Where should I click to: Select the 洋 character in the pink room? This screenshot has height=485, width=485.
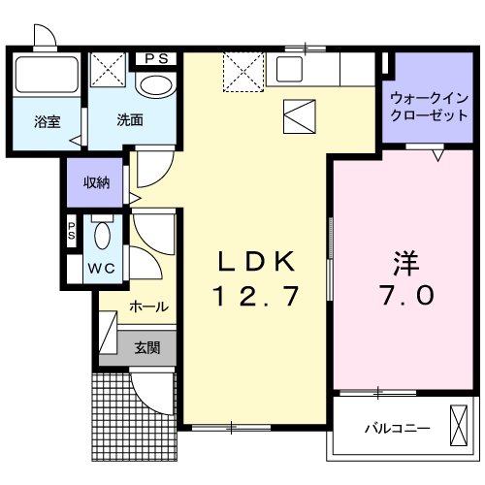coord(405,263)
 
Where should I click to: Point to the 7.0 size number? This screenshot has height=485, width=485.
coord(405,295)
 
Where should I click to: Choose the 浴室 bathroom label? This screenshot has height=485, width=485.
coord(47,121)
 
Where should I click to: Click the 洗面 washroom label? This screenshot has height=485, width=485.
coord(130,121)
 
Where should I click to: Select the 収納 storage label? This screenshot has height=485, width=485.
coord(96,182)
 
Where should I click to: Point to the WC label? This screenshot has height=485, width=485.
coord(103,268)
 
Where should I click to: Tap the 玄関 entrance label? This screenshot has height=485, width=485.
coord(147,346)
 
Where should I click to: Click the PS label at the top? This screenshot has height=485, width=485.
coord(156,58)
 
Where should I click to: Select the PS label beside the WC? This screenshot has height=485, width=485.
coord(72,232)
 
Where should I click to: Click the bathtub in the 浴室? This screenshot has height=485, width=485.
coord(47,75)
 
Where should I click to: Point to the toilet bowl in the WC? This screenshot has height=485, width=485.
coord(103,237)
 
